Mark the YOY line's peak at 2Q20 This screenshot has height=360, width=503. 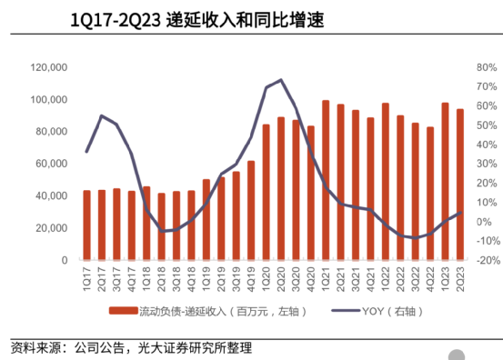(x=281, y=80)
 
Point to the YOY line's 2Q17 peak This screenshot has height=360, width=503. (x=101, y=115)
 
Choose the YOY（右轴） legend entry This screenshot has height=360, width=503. (x=383, y=312)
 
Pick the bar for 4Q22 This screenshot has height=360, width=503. (x=430, y=194)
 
